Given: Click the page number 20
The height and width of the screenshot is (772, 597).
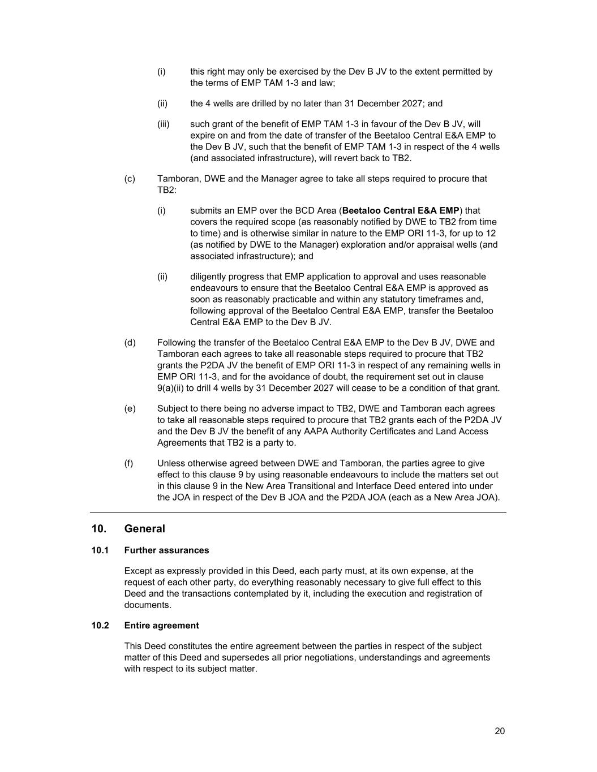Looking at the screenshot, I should point(500,731).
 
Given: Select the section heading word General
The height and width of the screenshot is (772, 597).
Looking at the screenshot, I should point(145,529).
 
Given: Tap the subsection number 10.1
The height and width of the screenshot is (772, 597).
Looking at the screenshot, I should point(100,550).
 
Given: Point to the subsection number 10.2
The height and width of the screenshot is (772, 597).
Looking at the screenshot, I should point(100,626).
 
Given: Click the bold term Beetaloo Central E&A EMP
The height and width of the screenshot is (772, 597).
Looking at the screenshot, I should point(401,210).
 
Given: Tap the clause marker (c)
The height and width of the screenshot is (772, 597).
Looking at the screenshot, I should point(130,179).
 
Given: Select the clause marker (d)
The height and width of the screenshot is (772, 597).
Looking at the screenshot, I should point(130,343).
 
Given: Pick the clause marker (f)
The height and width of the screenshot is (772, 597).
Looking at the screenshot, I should point(128,463).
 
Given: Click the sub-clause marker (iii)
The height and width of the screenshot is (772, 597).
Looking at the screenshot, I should point(163,124).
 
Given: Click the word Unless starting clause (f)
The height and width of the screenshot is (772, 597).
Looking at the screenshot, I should point(171,463).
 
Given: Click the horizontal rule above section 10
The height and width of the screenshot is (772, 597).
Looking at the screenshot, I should point(298,512).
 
